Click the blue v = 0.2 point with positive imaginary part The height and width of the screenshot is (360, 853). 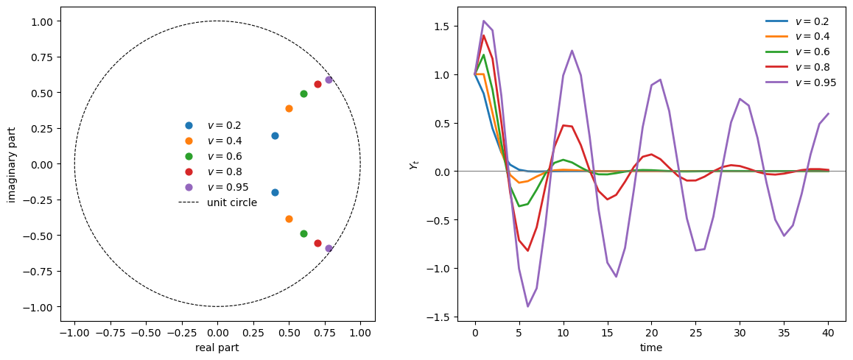point(275,135)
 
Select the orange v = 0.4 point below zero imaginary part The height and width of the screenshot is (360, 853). point(289,219)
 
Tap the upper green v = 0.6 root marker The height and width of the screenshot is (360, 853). point(303,93)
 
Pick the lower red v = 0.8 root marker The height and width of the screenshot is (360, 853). point(317,243)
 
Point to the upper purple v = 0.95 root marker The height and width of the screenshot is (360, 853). point(329,80)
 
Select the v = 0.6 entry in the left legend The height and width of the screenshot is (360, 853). point(224,156)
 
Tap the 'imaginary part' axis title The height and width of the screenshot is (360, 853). point(12,164)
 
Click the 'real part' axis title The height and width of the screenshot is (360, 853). point(217,347)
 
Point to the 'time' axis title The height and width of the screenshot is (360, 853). point(651,347)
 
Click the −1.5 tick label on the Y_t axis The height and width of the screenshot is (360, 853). point(439,317)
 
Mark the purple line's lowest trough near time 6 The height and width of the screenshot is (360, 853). point(527,306)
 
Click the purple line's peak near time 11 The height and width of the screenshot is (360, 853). point(572,51)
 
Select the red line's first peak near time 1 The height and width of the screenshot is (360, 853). point(483,35)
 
